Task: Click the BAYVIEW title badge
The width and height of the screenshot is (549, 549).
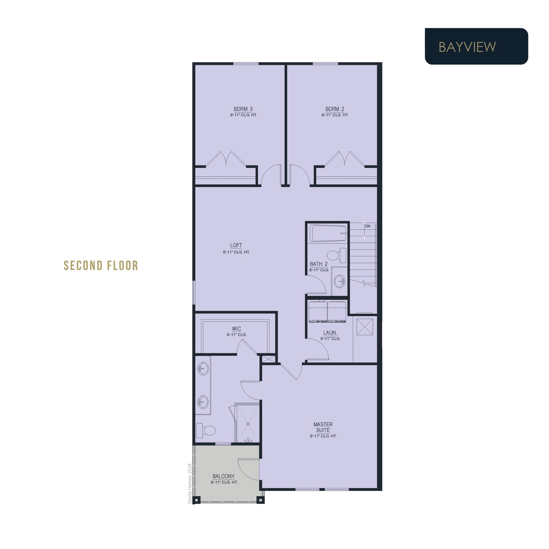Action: click(x=476, y=46)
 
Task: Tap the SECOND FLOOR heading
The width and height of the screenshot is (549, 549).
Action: click(x=101, y=266)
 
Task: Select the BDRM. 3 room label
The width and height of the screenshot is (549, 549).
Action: click(x=243, y=109)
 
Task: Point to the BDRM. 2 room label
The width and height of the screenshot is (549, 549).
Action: click(x=335, y=109)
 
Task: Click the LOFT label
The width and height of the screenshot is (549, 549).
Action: click(x=236, y=245)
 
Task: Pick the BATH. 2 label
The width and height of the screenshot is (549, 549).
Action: click(x=319, y=264)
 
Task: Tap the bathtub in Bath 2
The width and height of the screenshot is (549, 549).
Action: click(x=329, y=233)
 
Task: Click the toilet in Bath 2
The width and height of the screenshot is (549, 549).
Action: click(x=337, y=255)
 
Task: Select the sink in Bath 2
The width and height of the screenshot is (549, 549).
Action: click(x=340, y=281)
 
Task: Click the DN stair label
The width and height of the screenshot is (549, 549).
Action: click(x=368, y=226)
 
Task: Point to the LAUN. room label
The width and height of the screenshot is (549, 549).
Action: click(x=330, y=333)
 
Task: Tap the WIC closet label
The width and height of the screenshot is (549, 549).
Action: click(x=236, y=329)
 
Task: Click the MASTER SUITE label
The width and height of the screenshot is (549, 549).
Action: click(x=323, y=427)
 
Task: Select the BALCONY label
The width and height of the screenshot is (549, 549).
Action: click(x=224, y=476)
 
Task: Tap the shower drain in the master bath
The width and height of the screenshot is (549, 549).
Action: click(x=248, y=424)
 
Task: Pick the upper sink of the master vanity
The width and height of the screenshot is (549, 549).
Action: click(x=202, y=368)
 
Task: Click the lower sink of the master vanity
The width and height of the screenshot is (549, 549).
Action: click(x=203, y=402)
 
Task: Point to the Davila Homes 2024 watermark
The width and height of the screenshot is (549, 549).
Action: click(x=190, y=484)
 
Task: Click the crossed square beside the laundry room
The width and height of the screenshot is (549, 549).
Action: click(x=365, y=327)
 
